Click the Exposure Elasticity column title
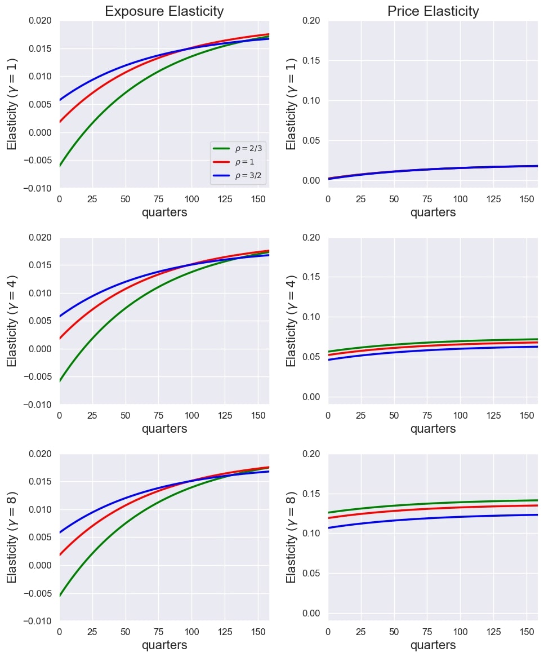pos(164,11)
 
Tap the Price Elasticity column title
pos(432,11)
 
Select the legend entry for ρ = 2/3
pos(237,149)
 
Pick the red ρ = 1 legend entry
pos(237,162)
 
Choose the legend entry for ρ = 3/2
pos(237,176)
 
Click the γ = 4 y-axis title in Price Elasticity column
pos(292,321)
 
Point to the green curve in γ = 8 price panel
pos(428,503)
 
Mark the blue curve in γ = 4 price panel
pos(428,350)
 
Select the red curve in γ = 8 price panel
pos(428,509)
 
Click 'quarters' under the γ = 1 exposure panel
pos(164,212)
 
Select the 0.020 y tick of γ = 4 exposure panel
pos(43,238)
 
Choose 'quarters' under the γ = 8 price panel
pos(432,645)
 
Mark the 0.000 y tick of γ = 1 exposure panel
pos(43,132)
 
